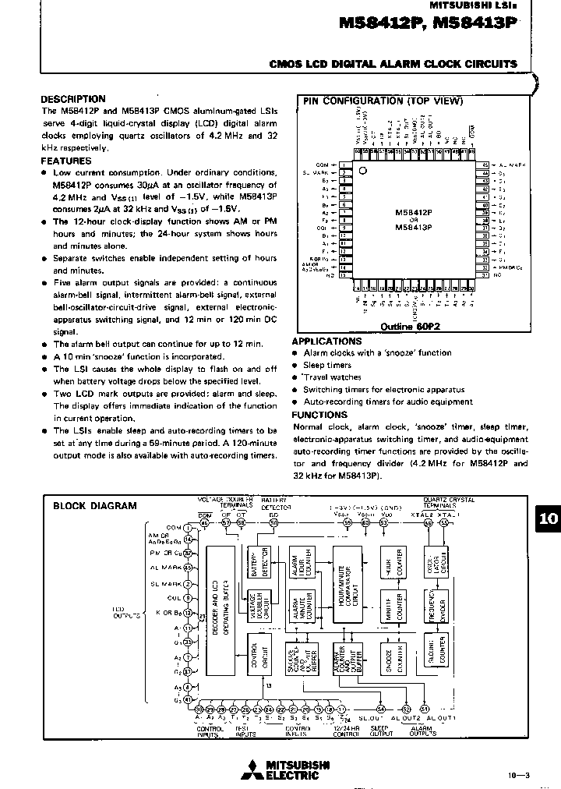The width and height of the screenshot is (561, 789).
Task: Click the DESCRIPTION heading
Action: point(72,99)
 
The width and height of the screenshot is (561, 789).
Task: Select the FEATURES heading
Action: point(65,161)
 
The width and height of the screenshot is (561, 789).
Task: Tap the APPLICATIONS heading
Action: point(326,341)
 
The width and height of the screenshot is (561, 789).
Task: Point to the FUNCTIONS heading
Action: point(319,415)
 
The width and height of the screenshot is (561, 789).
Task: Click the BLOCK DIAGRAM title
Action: point(94,505)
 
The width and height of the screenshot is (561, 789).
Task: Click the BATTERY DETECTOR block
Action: point(255,561)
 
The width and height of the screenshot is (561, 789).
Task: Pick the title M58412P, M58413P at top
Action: point(428,25)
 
